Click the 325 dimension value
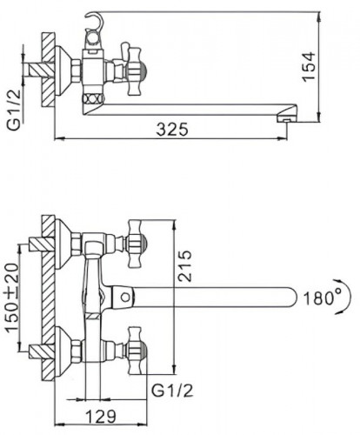pyautogui.click(x=172, y=130)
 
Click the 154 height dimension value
pyautogui.click(x=308, y=67)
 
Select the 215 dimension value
pyautogui.click(x=184, y=266)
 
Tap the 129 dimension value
pyautogui.click(x=101, y=417)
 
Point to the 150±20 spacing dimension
pyautogui.click(x=12, y=298)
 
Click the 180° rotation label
pyautogui.click(x=322, y=298)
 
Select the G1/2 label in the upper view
pyautogui.click(x=14, y=110)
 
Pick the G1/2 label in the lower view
pyautogui.click(x=172, y=391)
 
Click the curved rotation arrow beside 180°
pyautogui.click(x=346, y=297)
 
